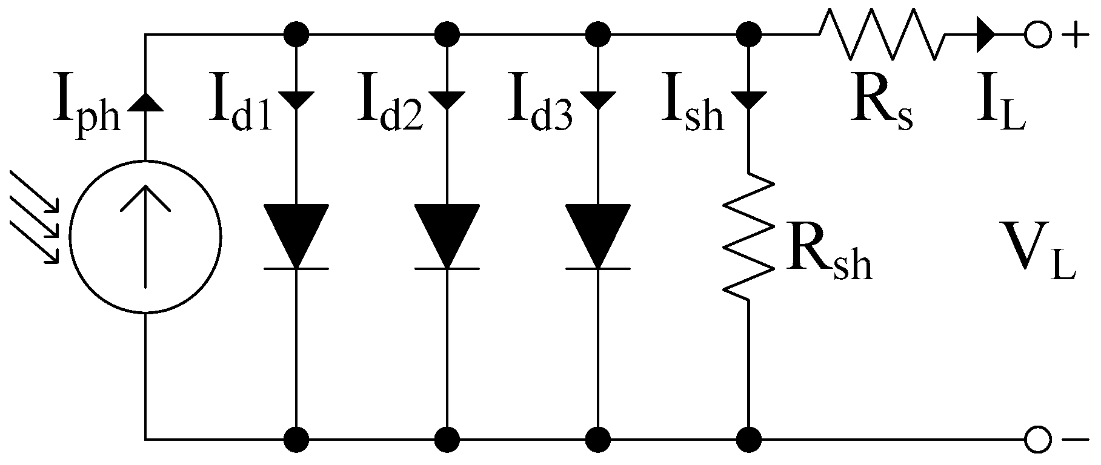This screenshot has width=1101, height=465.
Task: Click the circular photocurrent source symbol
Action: pyautogui.click(x=145, y=236)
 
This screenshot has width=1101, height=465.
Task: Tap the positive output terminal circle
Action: pyautogui.click(x=1037, y=34)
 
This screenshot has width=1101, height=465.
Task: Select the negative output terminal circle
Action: pyautogui.click(x=1037, y=437)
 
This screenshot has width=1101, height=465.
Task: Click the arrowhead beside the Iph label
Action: pyautogui.click(x=145, y=101)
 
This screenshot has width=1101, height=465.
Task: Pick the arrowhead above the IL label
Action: pyautogui.click(x=985, y=34)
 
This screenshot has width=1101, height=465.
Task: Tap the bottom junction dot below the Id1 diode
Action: pyautogui.click(x=296, y=437)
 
